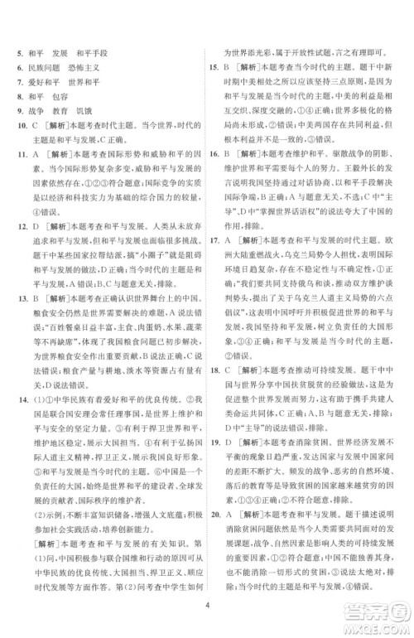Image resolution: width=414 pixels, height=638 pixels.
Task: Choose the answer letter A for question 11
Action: click(33, 164)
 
